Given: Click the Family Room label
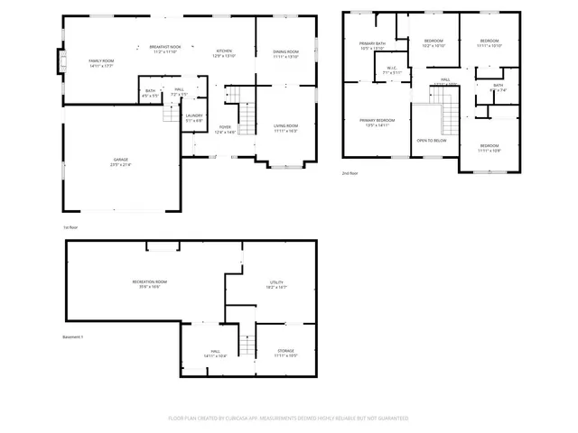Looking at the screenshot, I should pyautogui.click(x=100, y=60).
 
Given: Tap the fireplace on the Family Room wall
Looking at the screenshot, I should pyautogui.click(x=62, y=62).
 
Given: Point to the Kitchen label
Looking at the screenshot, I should pyautogui.click(x=223, y=51).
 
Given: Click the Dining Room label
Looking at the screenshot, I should pyautogui.click(x=286, y=52).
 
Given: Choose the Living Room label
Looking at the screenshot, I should pyautogui.click(x=286, y=128).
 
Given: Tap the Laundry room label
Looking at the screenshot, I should pyautogui.click(x=193, y=116).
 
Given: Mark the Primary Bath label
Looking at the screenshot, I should pyautogui.click(x=372, y=43).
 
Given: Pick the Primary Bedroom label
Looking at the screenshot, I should pyautogui.click(x=378, y=120).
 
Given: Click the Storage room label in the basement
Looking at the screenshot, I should pyautogui.click(x=286, y=352).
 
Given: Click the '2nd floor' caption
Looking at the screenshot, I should pyautogui.click(x=350, y=172).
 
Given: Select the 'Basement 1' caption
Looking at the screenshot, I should pyautogui.click(x=72, y=336).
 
